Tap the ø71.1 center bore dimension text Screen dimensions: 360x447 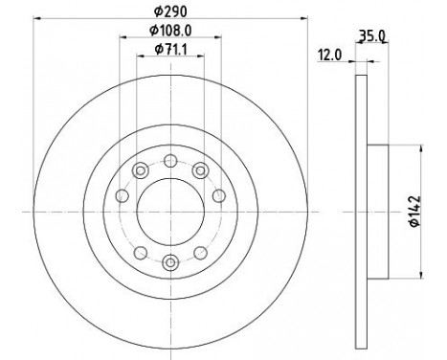169,59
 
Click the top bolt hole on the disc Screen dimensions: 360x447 169,160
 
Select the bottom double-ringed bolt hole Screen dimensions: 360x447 169,260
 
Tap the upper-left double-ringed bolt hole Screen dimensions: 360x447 140,170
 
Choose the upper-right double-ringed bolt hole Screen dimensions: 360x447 199,170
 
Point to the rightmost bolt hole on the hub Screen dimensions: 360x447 218,196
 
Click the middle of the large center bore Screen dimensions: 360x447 169,211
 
